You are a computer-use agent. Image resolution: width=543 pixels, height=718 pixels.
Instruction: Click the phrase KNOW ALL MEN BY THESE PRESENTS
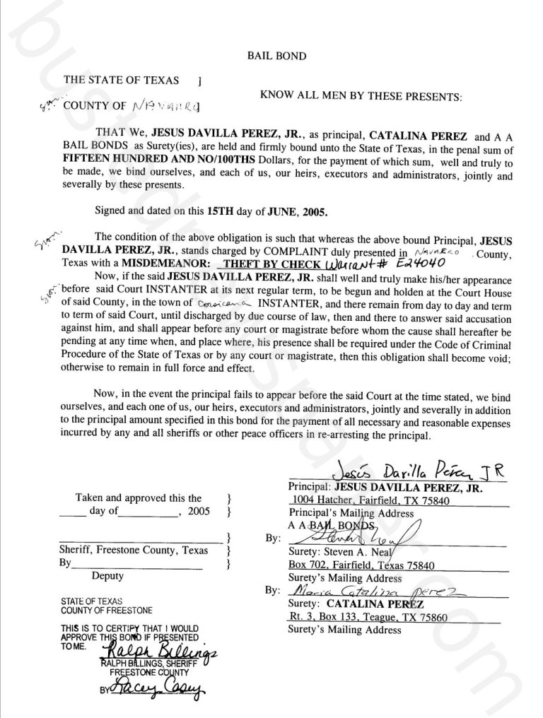coord(361,93)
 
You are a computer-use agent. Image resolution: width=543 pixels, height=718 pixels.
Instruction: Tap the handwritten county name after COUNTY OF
coord(166,107)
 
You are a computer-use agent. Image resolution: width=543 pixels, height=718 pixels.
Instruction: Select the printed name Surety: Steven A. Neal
coord(332,552)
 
